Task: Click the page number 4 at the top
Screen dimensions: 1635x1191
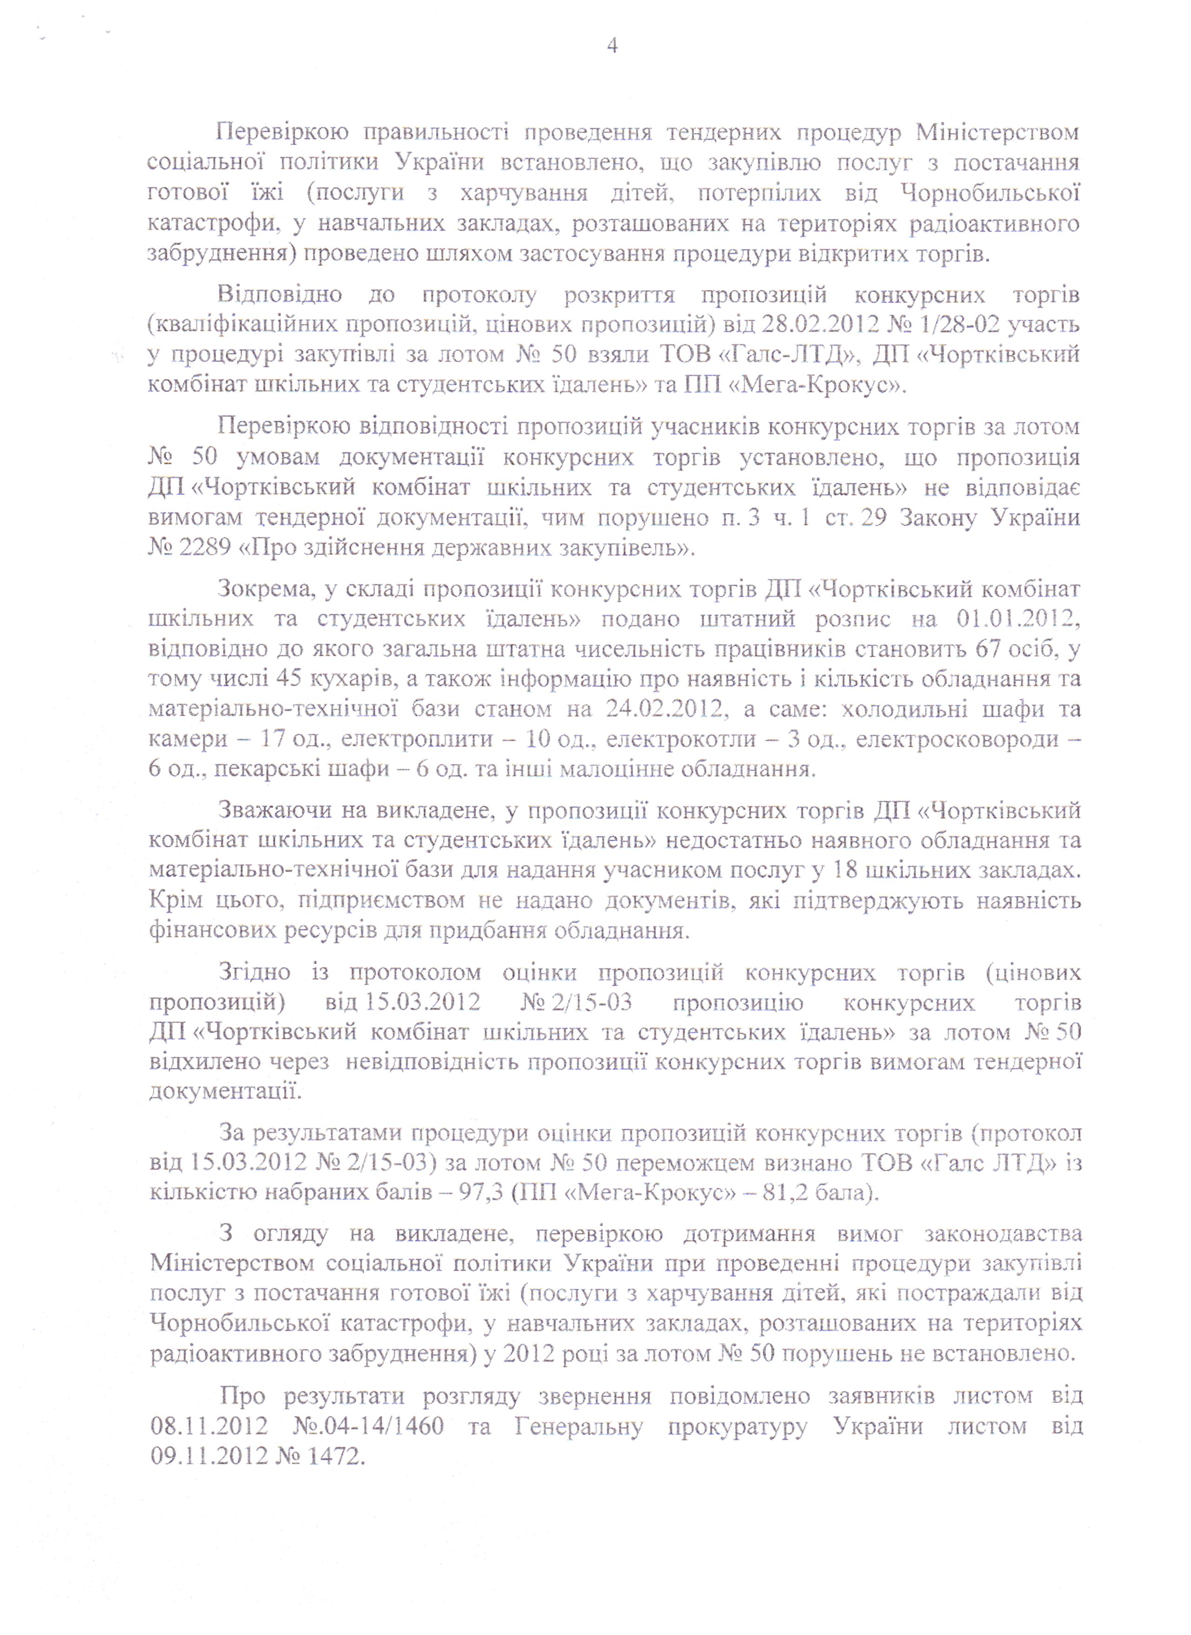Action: (x=613, y=47)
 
